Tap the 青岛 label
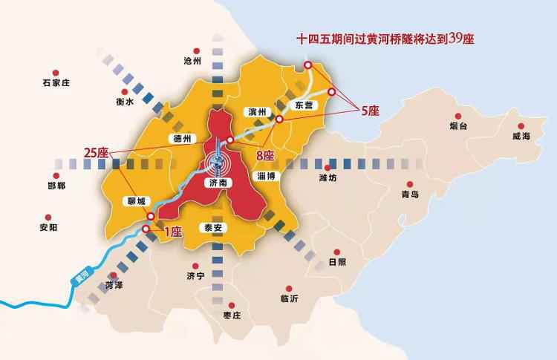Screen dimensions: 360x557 (x=410, y=194)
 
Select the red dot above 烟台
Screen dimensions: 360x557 (x=458, y=116)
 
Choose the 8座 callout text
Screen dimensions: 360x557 (x=265, y=156)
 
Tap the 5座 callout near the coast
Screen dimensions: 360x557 (x=370, y=111)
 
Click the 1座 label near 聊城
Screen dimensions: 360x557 (x=172, y=232)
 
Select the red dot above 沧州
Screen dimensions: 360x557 (x=196, y=48)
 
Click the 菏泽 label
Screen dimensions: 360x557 (x=114, y=284)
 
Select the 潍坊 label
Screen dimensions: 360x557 (x=328, y=177)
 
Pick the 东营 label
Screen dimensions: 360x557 (x=305, y=105)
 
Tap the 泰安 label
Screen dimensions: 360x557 (x=213, y=229)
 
